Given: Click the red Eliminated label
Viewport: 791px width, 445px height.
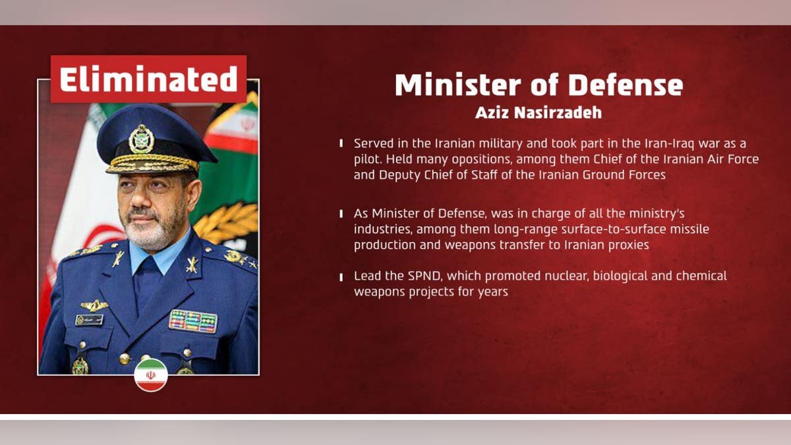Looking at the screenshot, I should pyautogui.click(x=148, y=79).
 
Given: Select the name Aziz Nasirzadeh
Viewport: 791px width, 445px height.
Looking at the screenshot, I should pyautogui.click(x=539, y=112).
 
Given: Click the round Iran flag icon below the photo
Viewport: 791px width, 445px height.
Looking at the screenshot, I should pyautogui.click(x=151, y=374).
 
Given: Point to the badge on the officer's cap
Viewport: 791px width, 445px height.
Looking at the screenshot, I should pyautogui.click(x=141, y=138).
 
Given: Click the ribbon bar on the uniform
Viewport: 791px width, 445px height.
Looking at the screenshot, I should pyautogui.click(x=192, y=320).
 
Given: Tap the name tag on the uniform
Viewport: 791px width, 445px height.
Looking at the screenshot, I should pyautogui.click(x=89, y=320).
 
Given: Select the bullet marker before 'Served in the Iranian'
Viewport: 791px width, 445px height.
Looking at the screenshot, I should pyautogui.click(x=341, y=143).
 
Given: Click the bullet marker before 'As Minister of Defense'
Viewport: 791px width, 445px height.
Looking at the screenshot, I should pyautogui.click(x=341, y=214).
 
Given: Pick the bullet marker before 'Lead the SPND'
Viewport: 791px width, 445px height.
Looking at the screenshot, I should pyautogui.click(x=341, y=276).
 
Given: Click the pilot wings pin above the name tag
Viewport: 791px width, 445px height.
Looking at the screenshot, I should pyautogui.click(x=94, y=305).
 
